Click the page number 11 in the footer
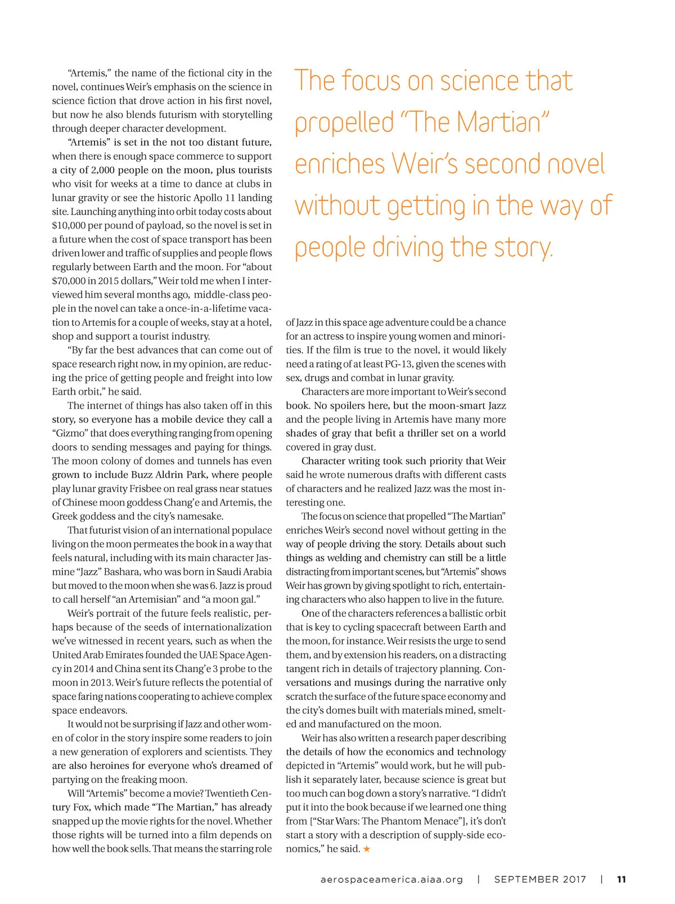(622, 879)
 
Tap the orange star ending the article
(367, 849)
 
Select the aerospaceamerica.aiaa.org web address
(391, 879)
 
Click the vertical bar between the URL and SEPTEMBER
(479, 879)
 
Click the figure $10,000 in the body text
(67, 226)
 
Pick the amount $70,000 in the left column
(67, 281)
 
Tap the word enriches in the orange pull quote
(340, 164)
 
